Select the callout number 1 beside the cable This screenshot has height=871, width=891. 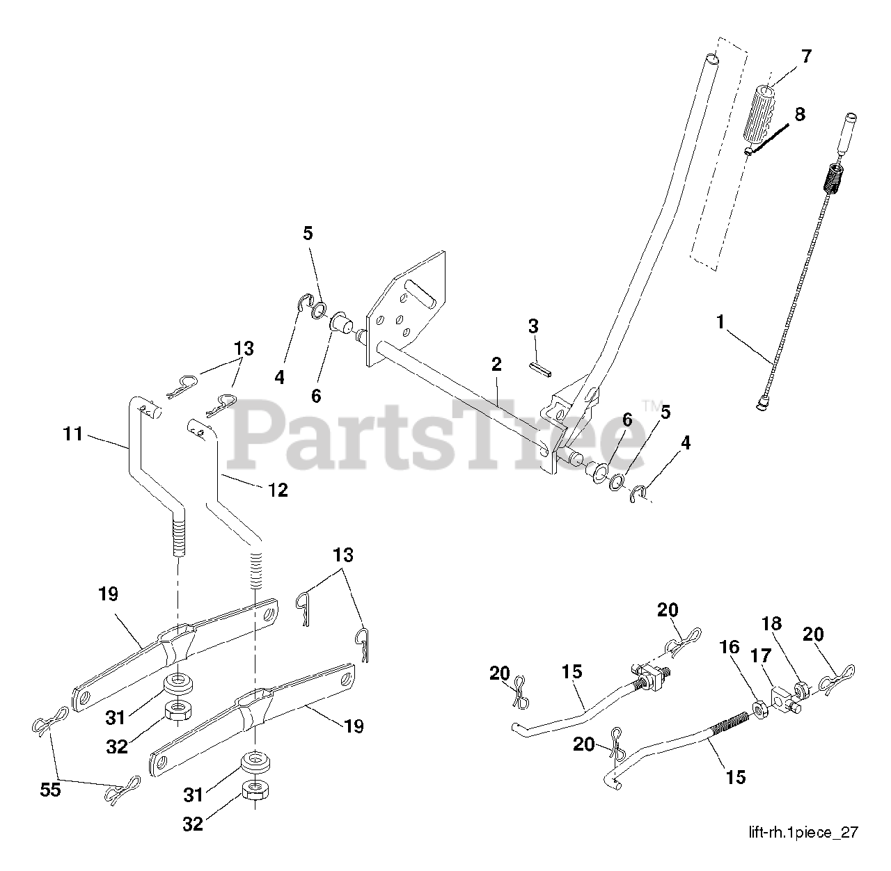coord(720,322)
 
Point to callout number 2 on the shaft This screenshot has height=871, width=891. coord(496,363)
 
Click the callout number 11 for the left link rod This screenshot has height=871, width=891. coord(72,435)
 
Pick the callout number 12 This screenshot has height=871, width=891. coord(277,490)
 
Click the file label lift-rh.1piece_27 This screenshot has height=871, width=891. coord(803,832)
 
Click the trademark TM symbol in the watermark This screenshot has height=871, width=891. coord(651,404)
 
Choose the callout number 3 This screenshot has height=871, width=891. coord(533,326)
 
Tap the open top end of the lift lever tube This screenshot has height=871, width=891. coord(709,58)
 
